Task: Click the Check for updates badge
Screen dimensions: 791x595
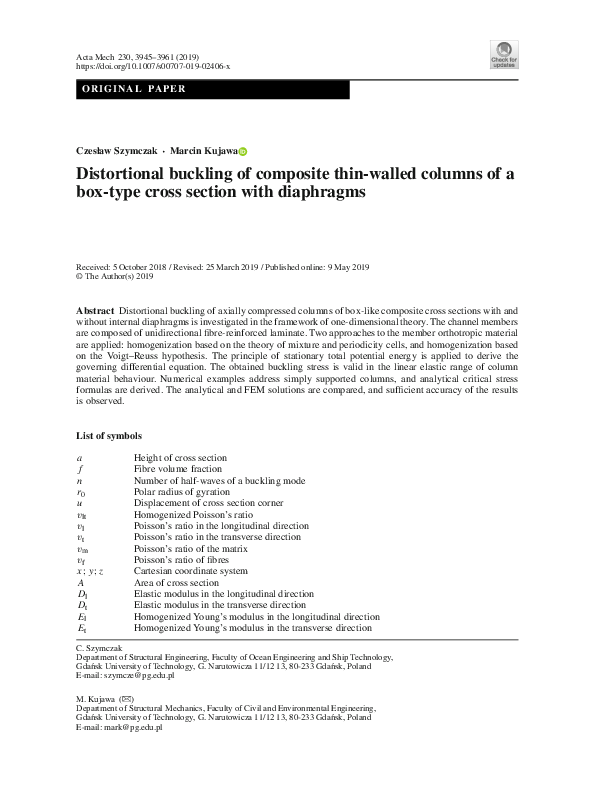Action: [503, 55]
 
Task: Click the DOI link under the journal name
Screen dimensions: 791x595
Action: [153, 66]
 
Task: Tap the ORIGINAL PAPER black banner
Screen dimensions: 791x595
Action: [213, 89]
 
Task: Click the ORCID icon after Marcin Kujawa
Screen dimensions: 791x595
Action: [242, 150]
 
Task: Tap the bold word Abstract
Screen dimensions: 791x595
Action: [94, 312]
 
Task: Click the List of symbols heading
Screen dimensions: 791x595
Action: [109, 436]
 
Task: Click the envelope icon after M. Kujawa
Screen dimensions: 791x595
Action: [126, 697]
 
